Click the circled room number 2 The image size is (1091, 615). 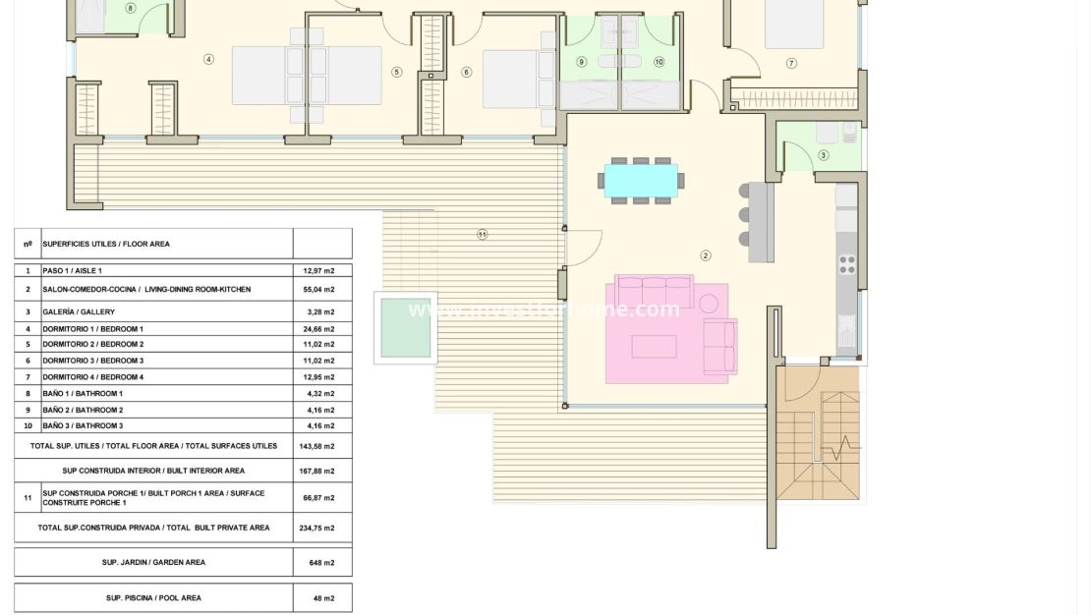coord(706,255)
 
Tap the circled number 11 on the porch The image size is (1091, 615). coord(482,234)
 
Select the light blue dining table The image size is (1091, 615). coord(641,181)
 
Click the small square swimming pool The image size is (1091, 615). coord(405,327)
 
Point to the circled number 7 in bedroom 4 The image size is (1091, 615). coord(791,63)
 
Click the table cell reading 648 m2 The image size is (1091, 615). coord(320,563)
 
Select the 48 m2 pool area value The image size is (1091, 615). coord(320,598)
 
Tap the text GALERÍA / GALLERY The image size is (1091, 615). coord(79,312)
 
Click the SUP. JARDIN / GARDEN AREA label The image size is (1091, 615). coord(154,563)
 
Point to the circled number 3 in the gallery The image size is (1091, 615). coord(823,155)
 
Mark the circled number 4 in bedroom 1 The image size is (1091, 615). coord(208,59)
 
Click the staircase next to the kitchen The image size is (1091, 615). coord(818,432)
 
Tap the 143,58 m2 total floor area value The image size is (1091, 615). coord(317,446)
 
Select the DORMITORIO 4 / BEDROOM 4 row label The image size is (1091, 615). coord(93,377)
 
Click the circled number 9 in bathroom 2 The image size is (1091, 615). coord(581,62)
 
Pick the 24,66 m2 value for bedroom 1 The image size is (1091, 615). coord(317,329)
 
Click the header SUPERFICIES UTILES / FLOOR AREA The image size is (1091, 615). coord(106,244)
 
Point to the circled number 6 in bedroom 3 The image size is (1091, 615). coord(466,72)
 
